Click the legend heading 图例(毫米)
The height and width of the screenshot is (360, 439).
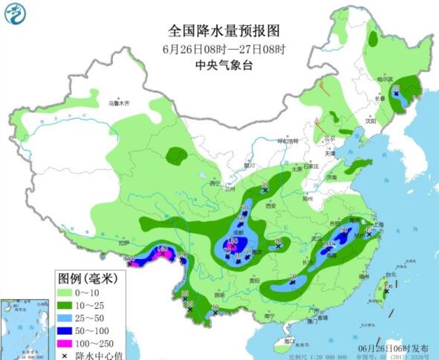(x=88, y=278)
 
